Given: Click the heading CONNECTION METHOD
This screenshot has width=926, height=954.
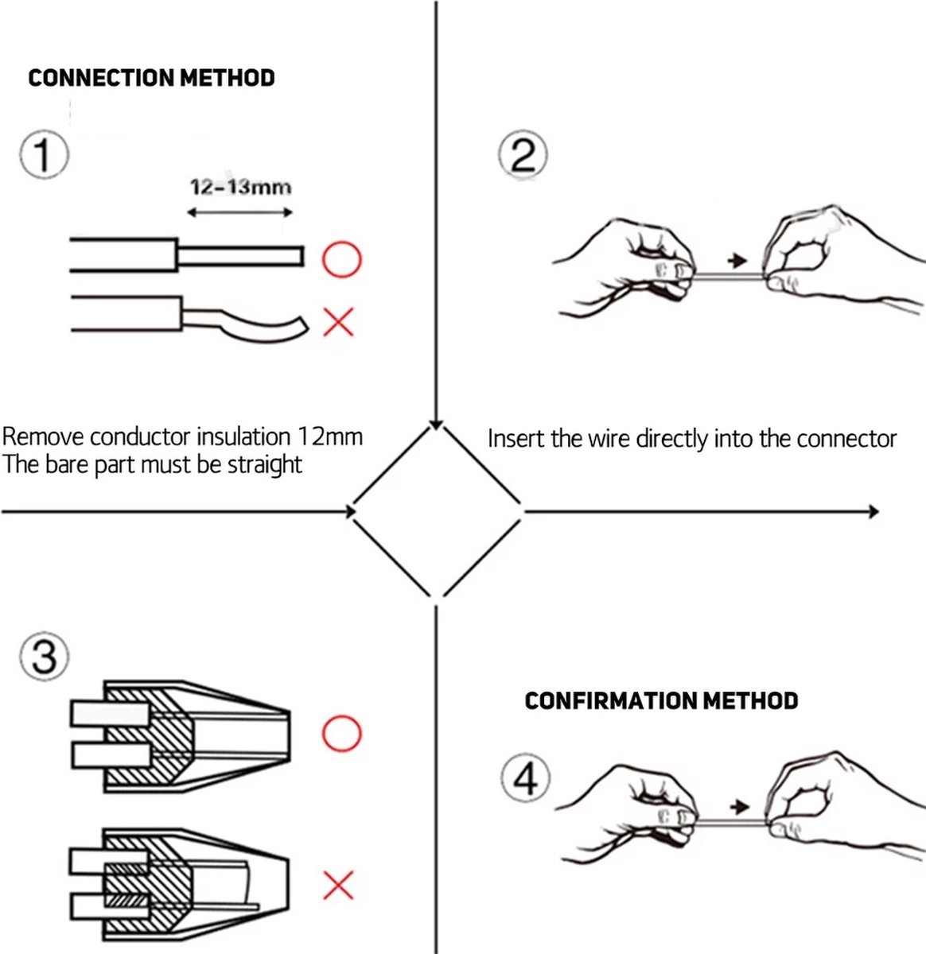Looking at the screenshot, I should click(151, 78).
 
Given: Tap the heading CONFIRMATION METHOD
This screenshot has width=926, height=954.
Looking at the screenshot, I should click(661, 700).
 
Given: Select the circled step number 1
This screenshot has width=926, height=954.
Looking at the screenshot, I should click(44, 156).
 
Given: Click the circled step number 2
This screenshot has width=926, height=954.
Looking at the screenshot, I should click(523, 156).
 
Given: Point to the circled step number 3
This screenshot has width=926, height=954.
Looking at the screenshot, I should click(44, 657).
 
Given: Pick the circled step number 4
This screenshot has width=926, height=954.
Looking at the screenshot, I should click(526, 778).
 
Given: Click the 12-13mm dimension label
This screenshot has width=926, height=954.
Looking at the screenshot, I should click(240, 188).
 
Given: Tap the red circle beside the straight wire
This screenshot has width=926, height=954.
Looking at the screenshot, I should click(341, 259).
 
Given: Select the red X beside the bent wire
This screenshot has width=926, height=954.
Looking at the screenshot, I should click(339, 322).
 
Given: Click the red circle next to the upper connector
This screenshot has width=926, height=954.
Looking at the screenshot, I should click(341, 733).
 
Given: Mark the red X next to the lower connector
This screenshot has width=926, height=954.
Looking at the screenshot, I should click(339, 884).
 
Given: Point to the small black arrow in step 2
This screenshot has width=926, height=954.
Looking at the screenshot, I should click(737, 260).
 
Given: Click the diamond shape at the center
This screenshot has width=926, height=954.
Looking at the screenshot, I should click(436, 511).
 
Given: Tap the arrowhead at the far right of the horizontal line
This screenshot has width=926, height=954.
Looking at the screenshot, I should click(873, 511).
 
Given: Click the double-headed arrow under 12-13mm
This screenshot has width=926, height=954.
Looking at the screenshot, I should click(239, 212).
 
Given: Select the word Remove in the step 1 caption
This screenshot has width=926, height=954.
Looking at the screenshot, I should click(43, 436).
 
